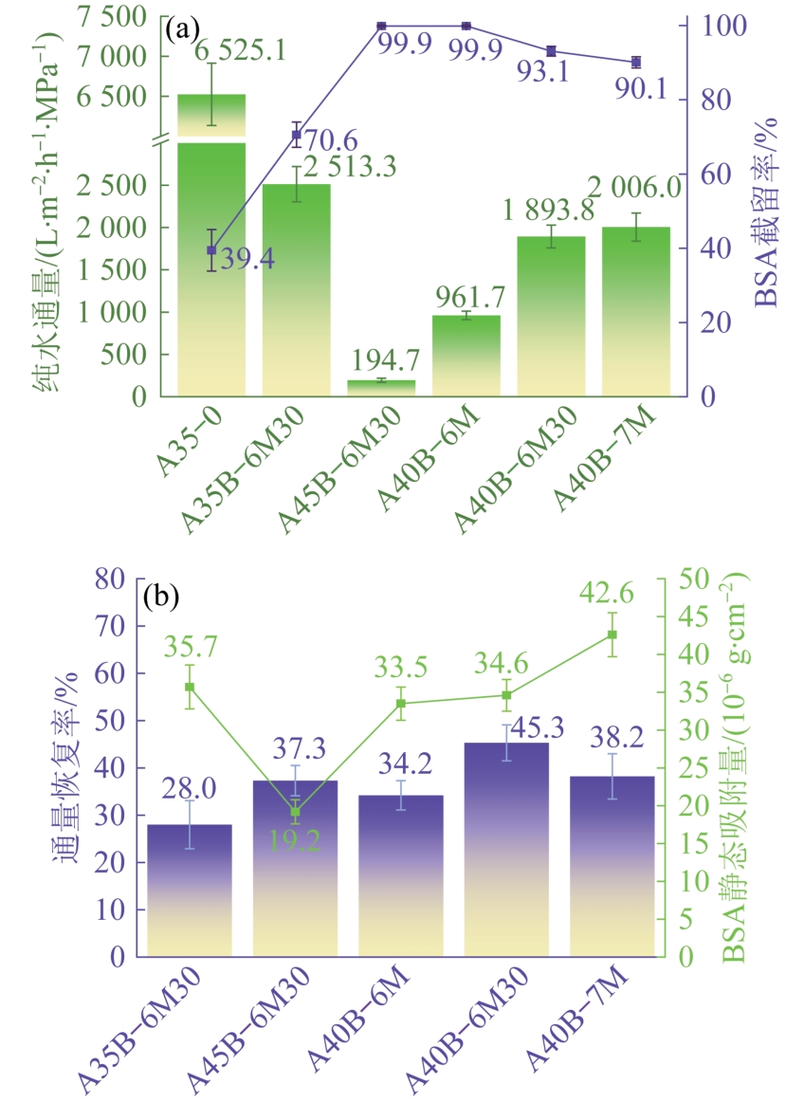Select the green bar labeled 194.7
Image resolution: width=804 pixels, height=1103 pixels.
point(381,387)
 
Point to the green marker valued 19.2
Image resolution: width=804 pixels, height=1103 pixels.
point(295,812)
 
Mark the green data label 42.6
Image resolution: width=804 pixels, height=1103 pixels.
point(612,592)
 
